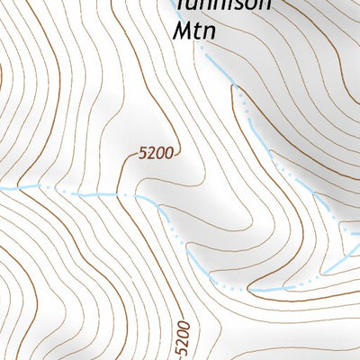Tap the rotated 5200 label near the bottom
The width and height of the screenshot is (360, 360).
point(184,337)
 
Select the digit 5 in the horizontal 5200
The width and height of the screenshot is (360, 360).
point(143,155)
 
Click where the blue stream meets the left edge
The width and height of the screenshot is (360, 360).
point(2,188)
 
